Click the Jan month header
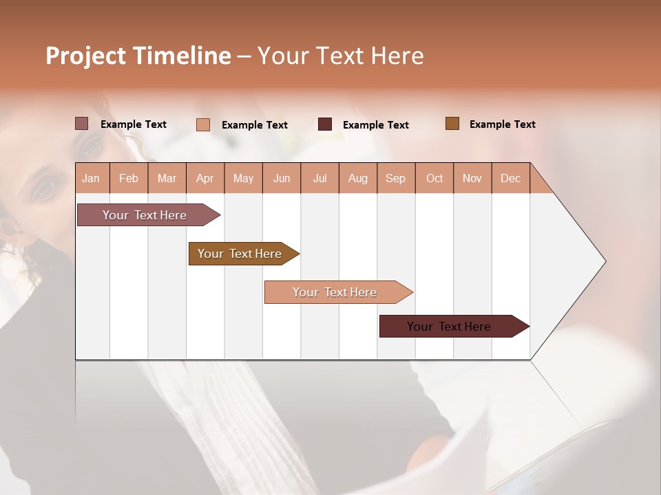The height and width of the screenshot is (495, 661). (91, 178)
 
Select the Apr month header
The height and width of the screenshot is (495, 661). (204, 178)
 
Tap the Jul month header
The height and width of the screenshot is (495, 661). (319, 178)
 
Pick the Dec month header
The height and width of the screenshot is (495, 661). (510, 178)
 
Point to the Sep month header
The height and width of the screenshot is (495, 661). (395, 178)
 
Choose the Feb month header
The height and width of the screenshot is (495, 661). (129, 178)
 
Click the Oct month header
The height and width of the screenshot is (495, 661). (434, 178)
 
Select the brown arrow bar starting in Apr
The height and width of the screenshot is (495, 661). (240, 254)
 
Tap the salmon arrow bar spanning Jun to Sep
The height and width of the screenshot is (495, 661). (335, 292)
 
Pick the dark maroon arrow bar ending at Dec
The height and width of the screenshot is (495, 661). (449, 327)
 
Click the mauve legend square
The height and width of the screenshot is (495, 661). (81, 124)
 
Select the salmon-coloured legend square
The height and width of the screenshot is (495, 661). (202, 124)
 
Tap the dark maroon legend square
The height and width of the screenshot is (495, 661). (324, 124)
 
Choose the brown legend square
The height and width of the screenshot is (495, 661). (452, 124)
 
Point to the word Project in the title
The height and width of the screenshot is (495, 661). (86, 56)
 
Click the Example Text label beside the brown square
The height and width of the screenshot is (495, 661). (502, 124)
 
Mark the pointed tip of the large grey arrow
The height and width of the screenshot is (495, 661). (605, 261)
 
